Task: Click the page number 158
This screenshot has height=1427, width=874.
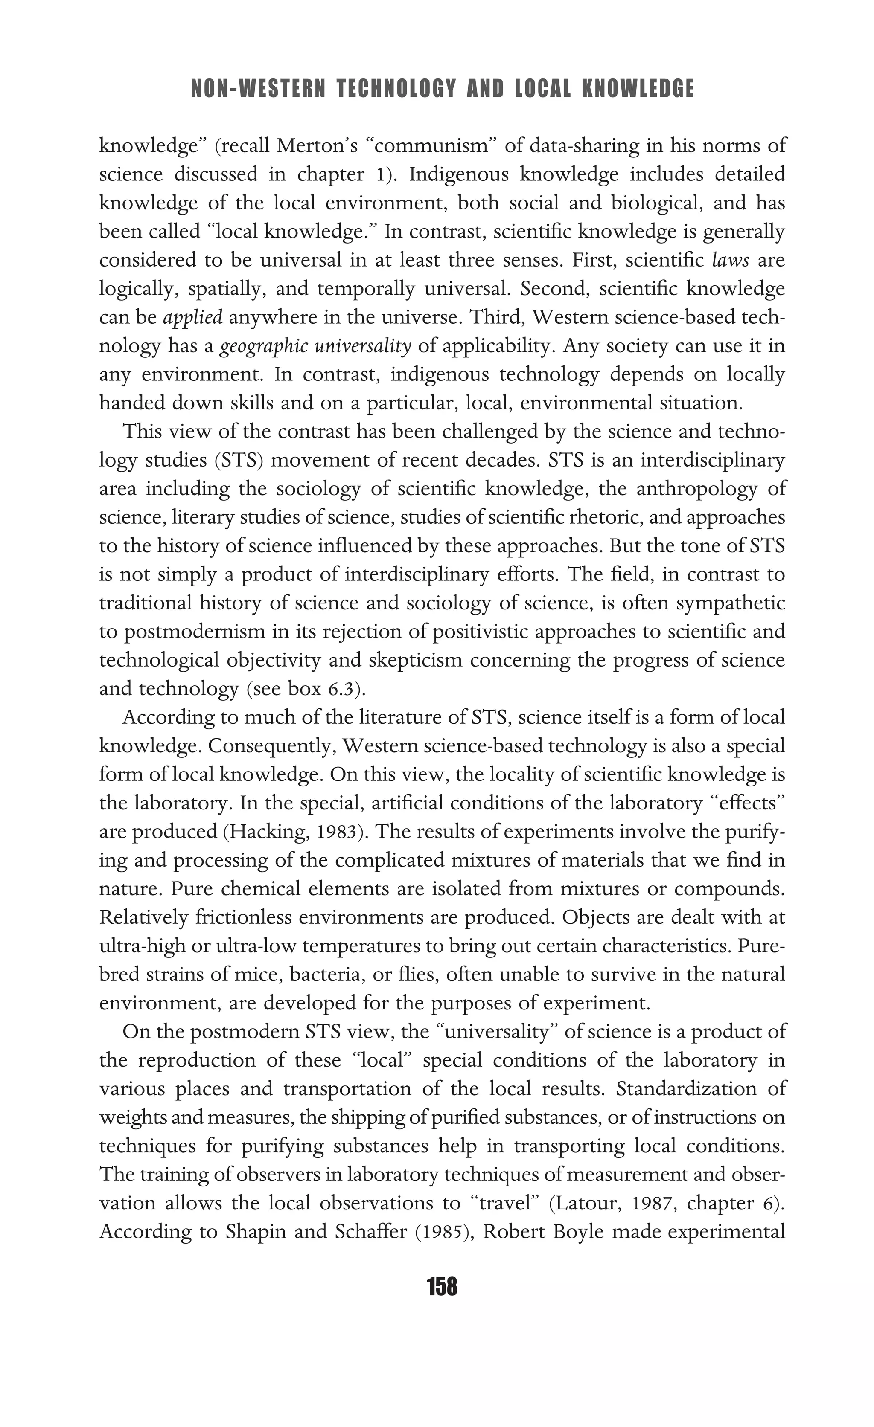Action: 442,1287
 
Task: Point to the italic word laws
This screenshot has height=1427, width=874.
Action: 730,260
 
